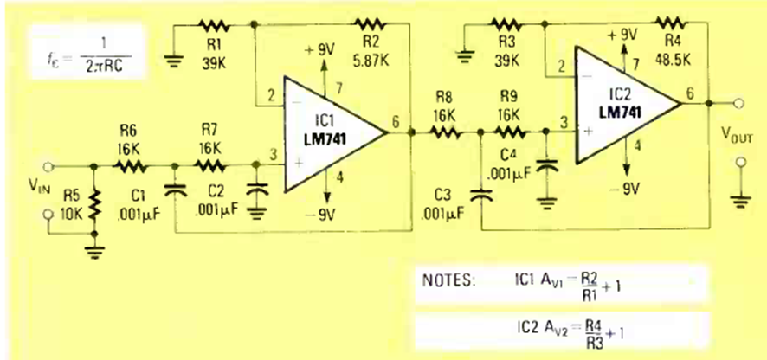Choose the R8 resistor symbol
(446, 133)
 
